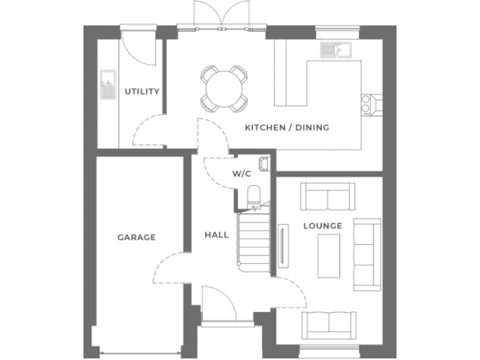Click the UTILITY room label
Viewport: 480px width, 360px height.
coord(142,91)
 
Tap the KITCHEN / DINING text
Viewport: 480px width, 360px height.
coord(286,127)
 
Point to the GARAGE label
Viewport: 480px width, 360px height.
coord(136,237)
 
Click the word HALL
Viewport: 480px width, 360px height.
coord(216,235)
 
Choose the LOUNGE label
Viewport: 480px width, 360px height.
coord(322,225)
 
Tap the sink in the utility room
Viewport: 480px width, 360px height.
coord(108,85)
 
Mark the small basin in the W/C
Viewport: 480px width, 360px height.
coord(264,163)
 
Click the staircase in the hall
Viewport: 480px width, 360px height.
coord(253,241)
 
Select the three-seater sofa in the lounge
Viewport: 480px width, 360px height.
coord(366,255)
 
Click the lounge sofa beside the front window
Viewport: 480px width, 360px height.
coord(328,324)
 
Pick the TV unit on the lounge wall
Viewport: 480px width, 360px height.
coord(284,246)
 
